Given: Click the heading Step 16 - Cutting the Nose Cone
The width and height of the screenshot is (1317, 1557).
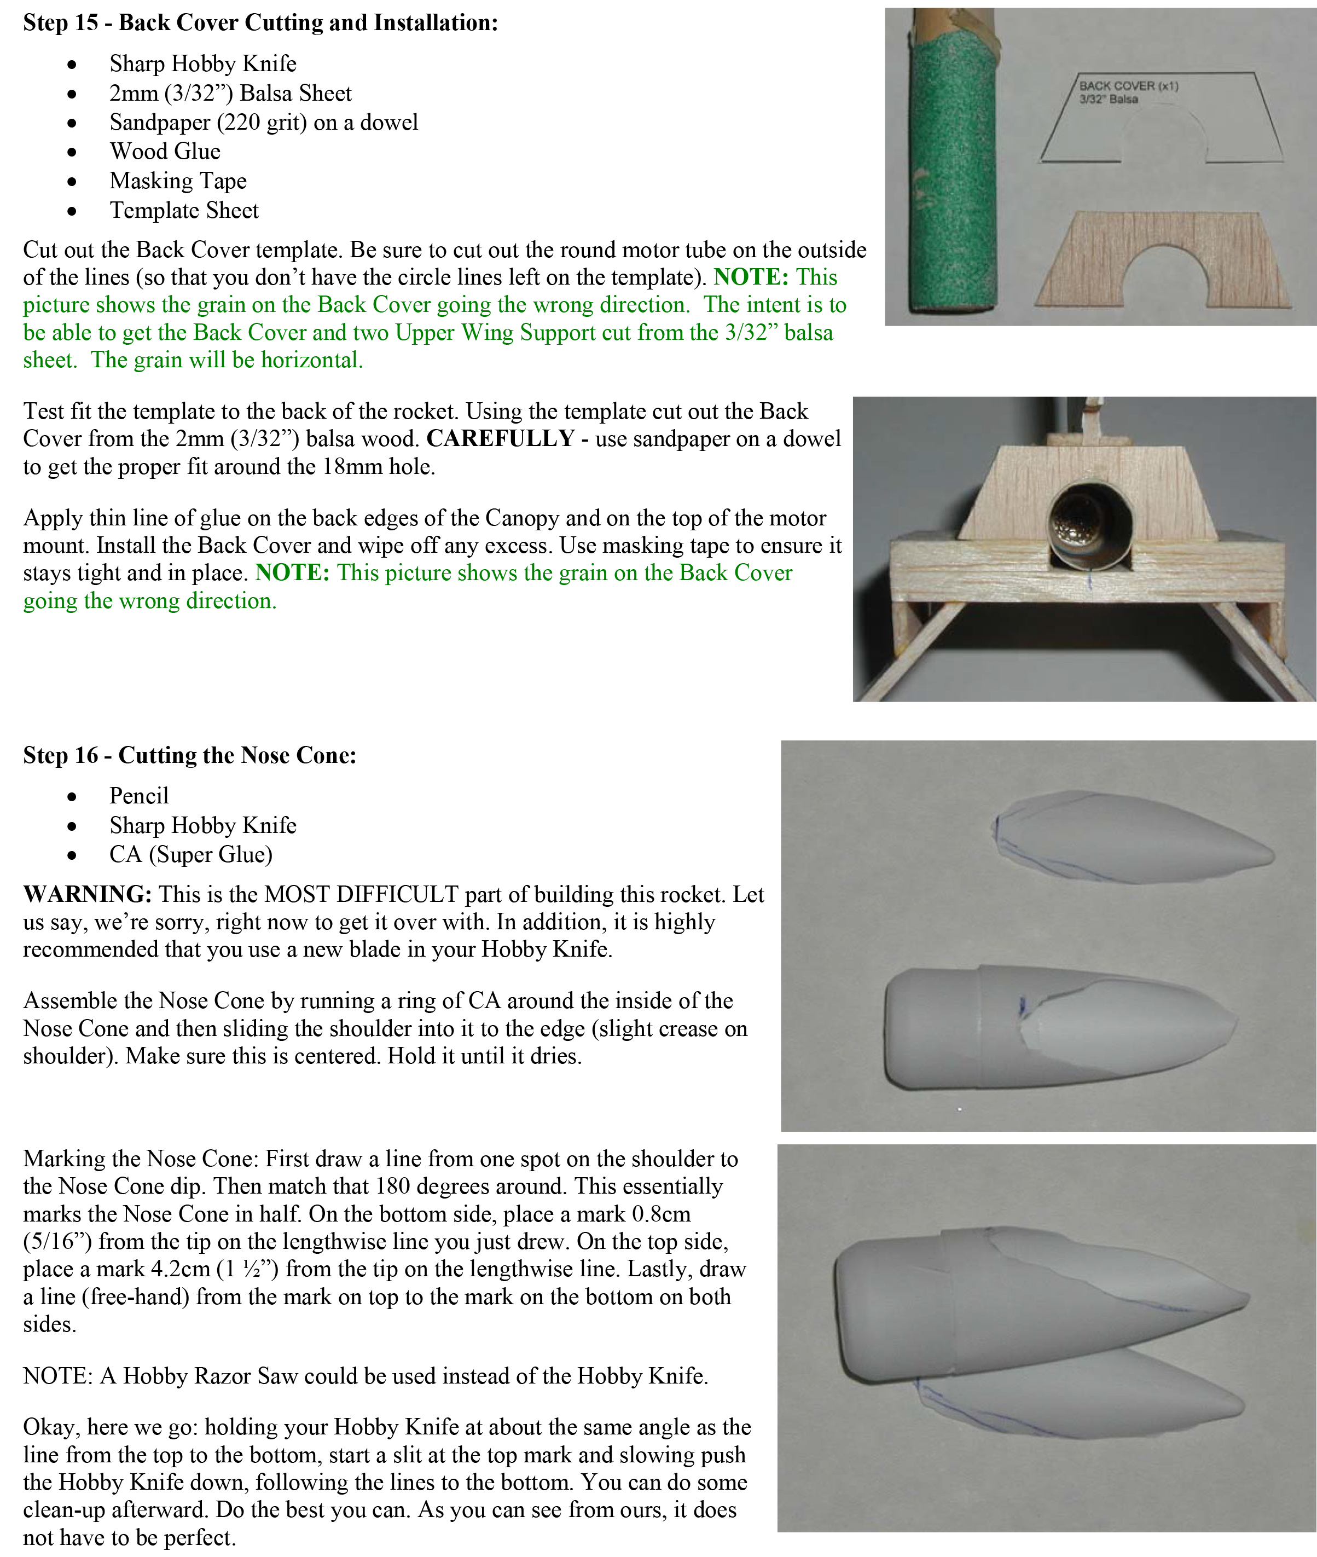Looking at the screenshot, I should click(x=190, y=755).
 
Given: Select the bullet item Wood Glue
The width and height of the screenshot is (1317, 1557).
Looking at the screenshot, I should click(x=165, y=152).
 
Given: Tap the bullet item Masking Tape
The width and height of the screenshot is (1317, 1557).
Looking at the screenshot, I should click(x=178, y=181).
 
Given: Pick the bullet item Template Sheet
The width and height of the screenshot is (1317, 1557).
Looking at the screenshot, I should click(x=184, y=211).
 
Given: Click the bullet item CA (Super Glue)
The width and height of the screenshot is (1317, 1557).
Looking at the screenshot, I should click(x=190, y=854).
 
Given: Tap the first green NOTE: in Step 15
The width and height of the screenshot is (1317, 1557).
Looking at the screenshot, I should click(x=750, y=277).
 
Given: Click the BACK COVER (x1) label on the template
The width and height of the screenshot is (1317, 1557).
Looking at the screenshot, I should click(x=1128, y=86).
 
